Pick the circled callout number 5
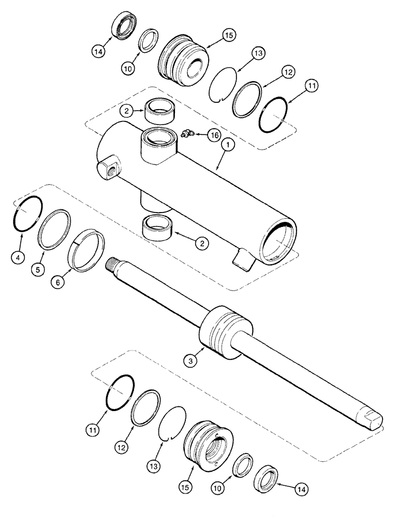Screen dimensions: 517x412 (x=39, y=269)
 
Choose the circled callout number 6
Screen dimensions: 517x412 (x=58, y=282)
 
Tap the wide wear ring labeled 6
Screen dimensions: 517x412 (x=86, y=252)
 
